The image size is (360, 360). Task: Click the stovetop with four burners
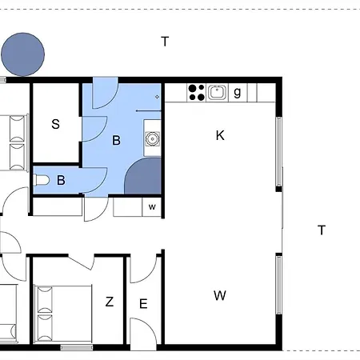tap(196, 92)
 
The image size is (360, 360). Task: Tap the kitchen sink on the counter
tap(217, 92)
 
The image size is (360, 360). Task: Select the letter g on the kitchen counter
tap(238, 92)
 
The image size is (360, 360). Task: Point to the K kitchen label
tap(220, 135)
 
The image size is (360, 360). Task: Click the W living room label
tap(220, 295)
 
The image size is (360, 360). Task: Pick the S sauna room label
tap(55, 124)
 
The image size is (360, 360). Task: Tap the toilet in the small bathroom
tap(42, 180)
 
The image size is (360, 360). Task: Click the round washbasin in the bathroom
tap(152, 138)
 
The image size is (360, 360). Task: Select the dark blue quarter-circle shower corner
tap(143, 176)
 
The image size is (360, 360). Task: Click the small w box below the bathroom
tap(152, 206)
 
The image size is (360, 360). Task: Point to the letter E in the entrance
tap(143, 304)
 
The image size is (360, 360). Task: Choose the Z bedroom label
tap(110, 302)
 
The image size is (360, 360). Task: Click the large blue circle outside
tap(23, 54)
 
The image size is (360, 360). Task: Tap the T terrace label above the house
tap(165, 42)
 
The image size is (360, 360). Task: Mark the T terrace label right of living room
tap(322, 230)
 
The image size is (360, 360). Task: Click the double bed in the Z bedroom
tap(63, 314)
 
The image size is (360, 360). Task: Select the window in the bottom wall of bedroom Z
tap(77, 347)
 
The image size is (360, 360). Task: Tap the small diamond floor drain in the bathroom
tap(157, 97)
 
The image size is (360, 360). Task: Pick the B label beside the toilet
tap(61, 180)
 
